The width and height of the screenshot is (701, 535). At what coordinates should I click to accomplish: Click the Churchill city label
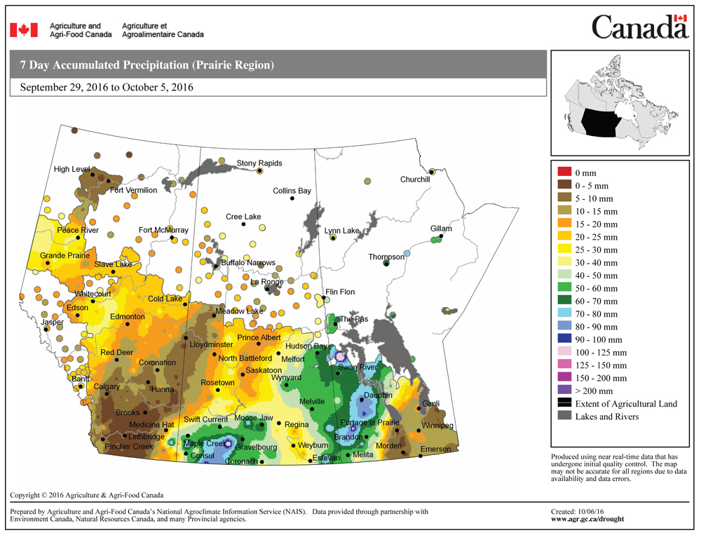pyautogui.click(x=415, y=180)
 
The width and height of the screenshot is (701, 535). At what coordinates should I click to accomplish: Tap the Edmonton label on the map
pyautogui.click(x=127, y=317)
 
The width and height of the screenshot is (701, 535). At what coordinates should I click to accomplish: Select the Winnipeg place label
pyautogui.click(x=437, y=426)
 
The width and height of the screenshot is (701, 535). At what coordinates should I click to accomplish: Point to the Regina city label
pyautogui.click(x=297, y=424)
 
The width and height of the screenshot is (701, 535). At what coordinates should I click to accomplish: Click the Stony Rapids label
pyautogui.click(x=259, y=163)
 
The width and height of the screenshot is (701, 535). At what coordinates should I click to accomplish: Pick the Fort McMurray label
pyautogui.click(x=163, y=230)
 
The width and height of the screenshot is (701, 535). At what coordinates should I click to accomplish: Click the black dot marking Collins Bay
pyautogui.click(x=292, y=198)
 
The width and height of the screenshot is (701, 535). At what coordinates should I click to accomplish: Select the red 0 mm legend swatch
pyautogui.click(x=564, y=172)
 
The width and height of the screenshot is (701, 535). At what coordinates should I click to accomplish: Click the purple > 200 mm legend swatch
pyautogui.click(x=564, y=391)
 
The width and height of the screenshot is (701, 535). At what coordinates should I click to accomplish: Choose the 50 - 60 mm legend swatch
pyautogui.click(x=564, y=287)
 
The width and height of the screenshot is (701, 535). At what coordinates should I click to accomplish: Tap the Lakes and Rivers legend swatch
pyautogui.click(x=564, y=417)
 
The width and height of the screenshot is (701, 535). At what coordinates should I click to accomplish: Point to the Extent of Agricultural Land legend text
pyautogui.click(x=626, y=404)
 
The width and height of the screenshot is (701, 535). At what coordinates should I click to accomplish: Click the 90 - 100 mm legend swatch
pyautogui.click(x=564, y=339)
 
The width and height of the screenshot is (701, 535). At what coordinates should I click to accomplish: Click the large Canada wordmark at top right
pyautogui.click(x=640, y=27)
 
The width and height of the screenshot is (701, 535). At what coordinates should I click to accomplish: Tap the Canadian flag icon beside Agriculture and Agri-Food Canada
pyautogui.click(x=23, y=29)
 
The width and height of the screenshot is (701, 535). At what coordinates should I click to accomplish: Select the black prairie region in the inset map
pyautogui.click(x=599, y=122)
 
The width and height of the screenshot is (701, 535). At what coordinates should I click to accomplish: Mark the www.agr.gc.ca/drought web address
pyautogui.click(x=587, y=520)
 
